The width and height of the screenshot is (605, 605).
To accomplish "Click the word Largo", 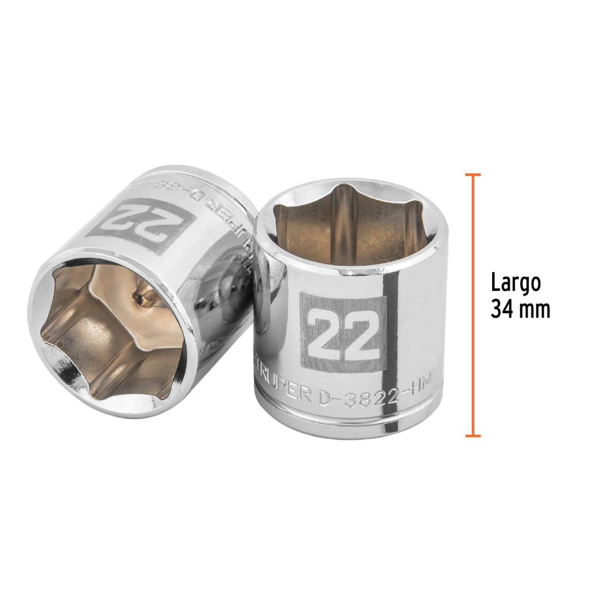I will (x=516, y=284).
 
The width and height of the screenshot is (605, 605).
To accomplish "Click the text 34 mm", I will (x=520, y=310).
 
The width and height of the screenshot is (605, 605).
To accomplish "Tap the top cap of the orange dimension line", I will (x=472, y=174).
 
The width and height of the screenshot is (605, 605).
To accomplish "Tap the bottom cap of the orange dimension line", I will (x=472, y=435).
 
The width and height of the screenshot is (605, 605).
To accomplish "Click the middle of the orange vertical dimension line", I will (x=472, y=305).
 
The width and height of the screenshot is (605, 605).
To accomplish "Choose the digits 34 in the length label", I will (x=502, y=310).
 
